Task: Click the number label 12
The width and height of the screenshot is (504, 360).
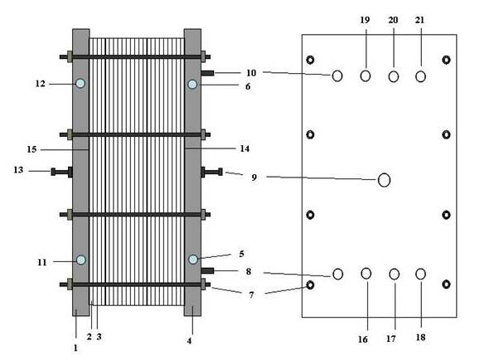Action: (x=41, y=83)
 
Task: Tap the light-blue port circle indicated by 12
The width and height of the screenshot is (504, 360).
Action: (x=80, y=83)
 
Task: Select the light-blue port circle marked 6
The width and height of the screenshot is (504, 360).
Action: (x=192, y=84)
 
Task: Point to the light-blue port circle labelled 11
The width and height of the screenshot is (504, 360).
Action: (x=80, y=260)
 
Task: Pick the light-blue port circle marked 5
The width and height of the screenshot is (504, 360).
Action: (x=192, y=260)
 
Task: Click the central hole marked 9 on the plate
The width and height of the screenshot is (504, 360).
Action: (x=384, y=179)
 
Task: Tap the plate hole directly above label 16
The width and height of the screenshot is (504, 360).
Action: (x=366, y=274)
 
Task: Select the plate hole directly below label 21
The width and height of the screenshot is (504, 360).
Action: (x=420, y=76)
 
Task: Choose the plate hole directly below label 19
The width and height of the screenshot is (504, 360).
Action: (x=365, y=76)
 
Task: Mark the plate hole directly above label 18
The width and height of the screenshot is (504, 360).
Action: (x=420, y=274)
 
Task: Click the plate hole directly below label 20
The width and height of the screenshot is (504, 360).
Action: (x=393, y=76)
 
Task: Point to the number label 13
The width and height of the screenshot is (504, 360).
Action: (x=19, y=170)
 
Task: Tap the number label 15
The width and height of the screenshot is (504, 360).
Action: (x=31, y=149)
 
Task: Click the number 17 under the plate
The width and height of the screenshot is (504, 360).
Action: (x=395, y=338)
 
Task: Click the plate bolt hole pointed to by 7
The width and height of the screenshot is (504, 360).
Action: (x=310, y=285)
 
